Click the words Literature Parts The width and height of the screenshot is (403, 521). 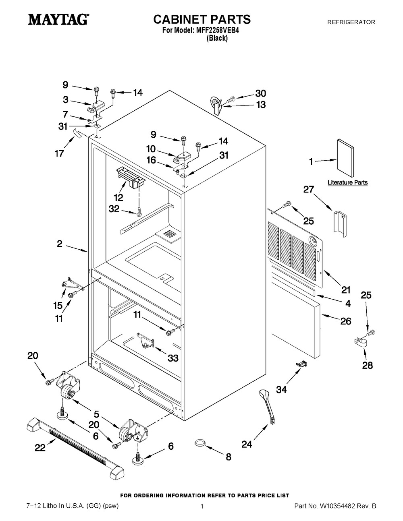(347, 182)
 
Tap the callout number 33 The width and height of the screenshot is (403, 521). (173, 358)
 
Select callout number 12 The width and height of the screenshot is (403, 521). (118, 197)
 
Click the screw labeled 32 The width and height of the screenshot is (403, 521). (138, 212)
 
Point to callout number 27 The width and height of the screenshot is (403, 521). (308, 189)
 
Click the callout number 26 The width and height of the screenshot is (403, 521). (346, 321)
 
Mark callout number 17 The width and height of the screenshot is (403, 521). (59, 153)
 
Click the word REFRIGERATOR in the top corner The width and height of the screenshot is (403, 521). (351, 22)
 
